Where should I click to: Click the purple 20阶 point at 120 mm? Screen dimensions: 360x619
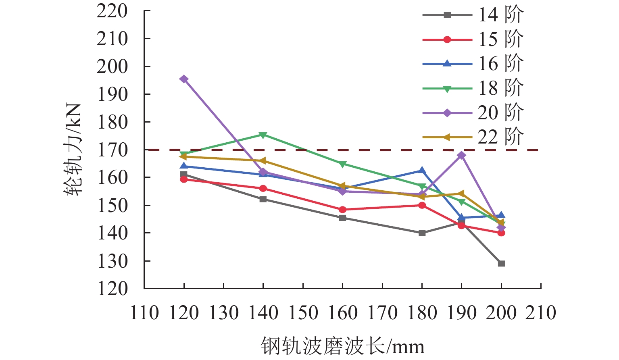184,79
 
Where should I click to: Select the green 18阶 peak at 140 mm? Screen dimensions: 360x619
263,135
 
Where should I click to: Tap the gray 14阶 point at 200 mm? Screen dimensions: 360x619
501,264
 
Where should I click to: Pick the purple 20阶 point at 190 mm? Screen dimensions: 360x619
462,155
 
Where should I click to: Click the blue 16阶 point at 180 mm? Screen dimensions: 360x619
422,171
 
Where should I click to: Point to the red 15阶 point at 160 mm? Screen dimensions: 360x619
342,210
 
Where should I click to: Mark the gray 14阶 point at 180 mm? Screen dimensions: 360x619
422,233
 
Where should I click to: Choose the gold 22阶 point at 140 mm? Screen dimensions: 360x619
263,161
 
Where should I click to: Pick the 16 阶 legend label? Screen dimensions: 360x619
500,64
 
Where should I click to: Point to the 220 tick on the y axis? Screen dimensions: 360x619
112,11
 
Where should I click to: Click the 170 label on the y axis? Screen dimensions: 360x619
112,150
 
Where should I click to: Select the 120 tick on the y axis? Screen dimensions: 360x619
112,289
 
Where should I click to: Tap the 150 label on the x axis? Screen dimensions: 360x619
303,313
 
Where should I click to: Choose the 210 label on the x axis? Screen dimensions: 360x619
541,313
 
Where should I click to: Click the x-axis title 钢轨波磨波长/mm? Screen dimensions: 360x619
342,346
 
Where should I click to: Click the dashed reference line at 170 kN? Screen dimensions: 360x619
363,150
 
